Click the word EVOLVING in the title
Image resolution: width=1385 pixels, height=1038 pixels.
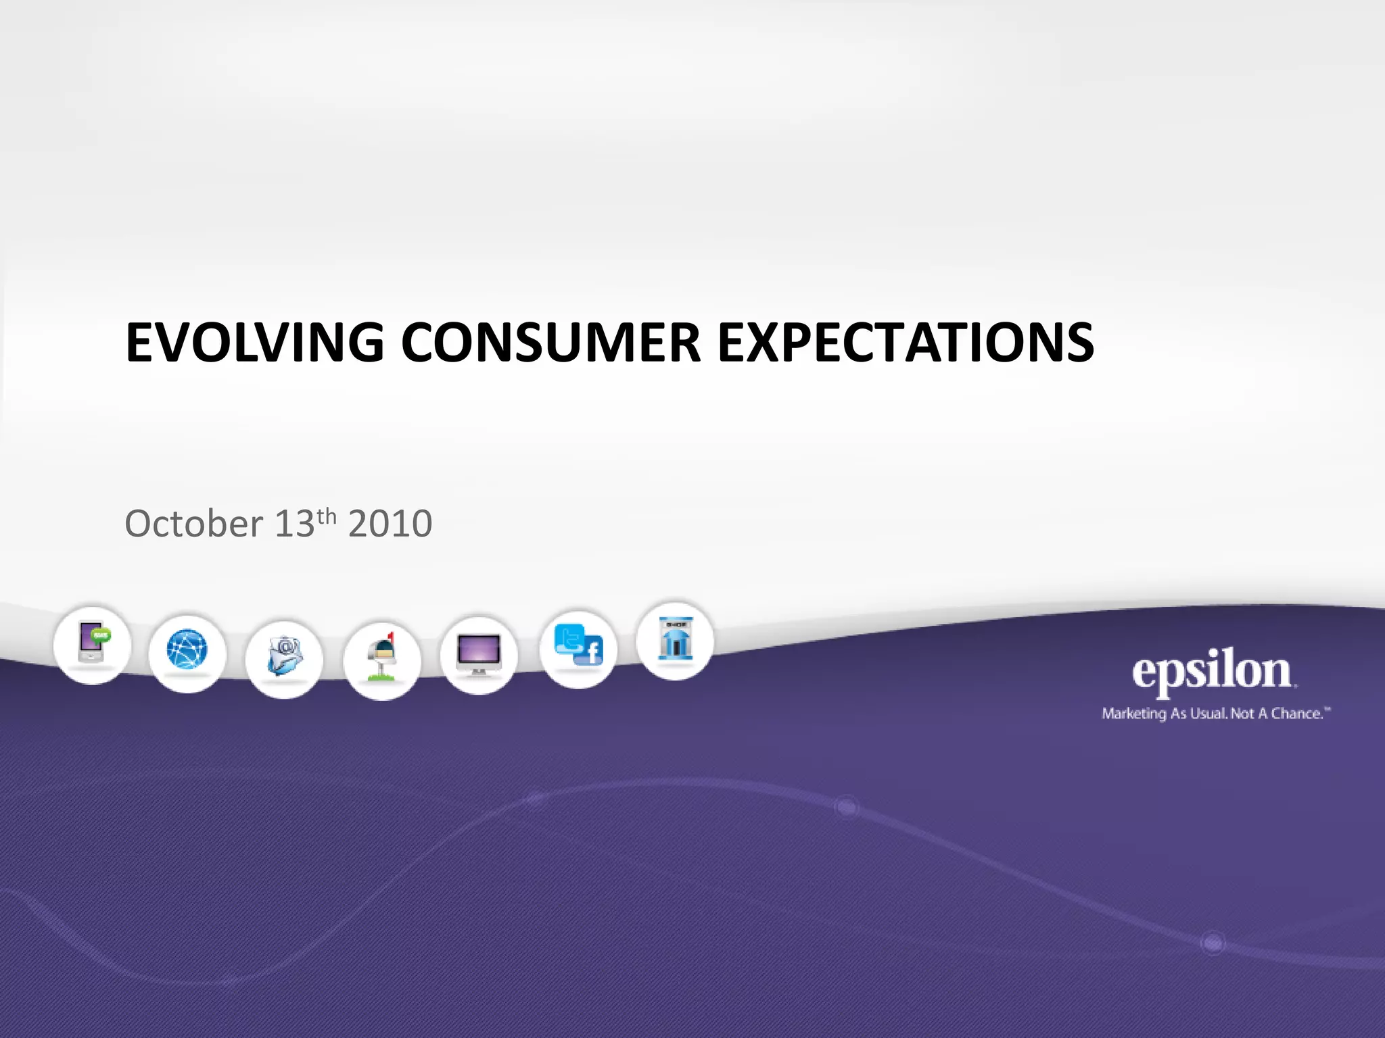[255, 343]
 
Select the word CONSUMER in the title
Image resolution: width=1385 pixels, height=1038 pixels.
[551, 343]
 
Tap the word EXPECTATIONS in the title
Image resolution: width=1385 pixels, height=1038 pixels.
[905, 343]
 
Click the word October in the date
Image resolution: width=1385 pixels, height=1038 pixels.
[193, 524]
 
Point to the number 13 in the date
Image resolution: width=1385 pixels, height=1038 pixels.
[295, 524]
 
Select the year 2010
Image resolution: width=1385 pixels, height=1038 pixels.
[390, 524]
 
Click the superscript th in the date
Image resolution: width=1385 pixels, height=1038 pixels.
[327, 516]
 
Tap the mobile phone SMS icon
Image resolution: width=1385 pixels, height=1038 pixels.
[93, 644]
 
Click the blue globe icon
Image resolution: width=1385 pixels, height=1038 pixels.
[187, 651]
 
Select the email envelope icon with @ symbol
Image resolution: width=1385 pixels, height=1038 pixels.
[285, 657]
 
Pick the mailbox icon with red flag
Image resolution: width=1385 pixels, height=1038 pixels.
[382, 660]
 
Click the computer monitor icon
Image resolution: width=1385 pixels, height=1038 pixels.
[479, 654]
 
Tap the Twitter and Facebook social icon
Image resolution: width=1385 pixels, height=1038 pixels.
[578, 647]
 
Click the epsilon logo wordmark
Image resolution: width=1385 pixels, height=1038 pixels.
[1212, 672]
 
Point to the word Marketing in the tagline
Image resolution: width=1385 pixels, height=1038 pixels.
[1134, 714]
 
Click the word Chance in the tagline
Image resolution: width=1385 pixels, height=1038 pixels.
[1296, 714]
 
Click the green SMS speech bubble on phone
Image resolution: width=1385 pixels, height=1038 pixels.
[101, 635]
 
